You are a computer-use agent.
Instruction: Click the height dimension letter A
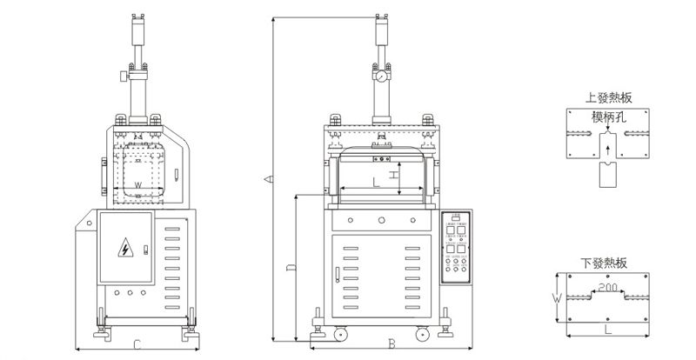(x=269, y=179)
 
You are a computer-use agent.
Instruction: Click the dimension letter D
(x=290, y=269)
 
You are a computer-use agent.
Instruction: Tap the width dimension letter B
(x=391, y=344)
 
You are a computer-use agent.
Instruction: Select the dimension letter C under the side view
(x=137, y=345)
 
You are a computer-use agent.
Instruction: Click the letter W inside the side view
(x=138, y=185)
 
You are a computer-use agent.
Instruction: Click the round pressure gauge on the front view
(x=381, y=77)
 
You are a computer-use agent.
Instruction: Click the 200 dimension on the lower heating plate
(x=608, y=286)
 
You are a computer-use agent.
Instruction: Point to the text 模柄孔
(x=608, y=116)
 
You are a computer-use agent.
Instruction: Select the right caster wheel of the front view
(x=424, y=332)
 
